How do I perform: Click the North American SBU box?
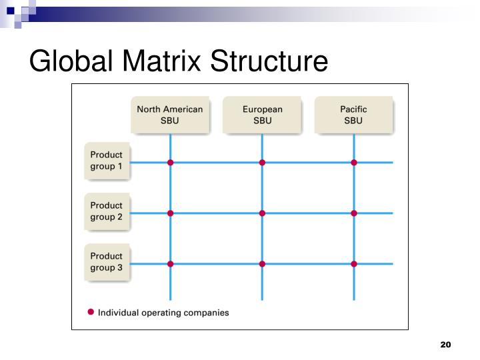(x=170, y=115)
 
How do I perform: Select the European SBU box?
(x=262, y=115)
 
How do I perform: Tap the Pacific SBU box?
(x=354, y=115)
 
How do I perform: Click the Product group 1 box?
(x=107, y=161)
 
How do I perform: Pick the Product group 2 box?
(x=107, y=211)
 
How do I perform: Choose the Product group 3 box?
(x=107, y=262)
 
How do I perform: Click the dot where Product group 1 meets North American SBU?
(x=171, y=163)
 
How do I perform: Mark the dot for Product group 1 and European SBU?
(x=262, y=163)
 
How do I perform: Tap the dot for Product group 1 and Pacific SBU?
(x=354, y=163)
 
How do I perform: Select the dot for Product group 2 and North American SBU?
(x=171, y=213)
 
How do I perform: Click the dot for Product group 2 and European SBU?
(x=262, y=213)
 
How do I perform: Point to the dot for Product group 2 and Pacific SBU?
(x=354, y=213)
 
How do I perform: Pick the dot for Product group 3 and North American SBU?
(x=171, y=264)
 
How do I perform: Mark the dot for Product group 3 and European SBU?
(x=262, y=264)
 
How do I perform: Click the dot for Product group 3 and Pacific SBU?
(x=354, y=264)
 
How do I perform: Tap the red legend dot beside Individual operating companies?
(x=91, y=311)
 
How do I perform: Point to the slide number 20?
(x=446, y=345)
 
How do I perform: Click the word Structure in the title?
(x=270, y=61)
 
